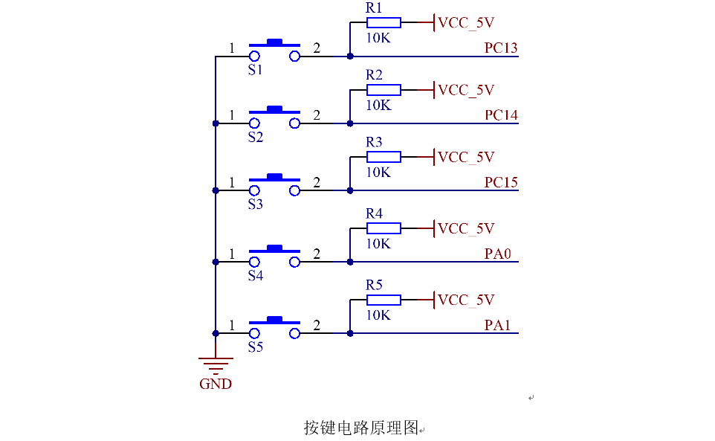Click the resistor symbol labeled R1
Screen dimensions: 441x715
tap(384, 22)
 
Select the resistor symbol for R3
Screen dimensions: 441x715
tap(384, 157)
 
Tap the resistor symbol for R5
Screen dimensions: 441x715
tap(384, 300)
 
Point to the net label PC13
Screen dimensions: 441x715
tap(500, 48)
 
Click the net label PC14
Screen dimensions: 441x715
tap(501, 115)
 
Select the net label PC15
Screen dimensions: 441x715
tap(501, 182)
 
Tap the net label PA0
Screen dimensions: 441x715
tap(498, 254)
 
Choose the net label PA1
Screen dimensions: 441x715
tap(498, 325)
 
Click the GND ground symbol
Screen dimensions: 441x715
tap(216, 364)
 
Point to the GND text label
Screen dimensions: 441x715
tap(216, 384)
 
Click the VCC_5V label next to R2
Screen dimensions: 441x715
tap(466, 90)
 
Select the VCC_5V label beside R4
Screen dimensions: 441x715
tap(466, 228)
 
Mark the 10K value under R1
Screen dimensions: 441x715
tap(378, 38)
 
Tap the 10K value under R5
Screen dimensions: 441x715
tap(378, 315)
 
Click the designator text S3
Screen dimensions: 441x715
tap(255, 205)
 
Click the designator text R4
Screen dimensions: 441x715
tap(374, 213)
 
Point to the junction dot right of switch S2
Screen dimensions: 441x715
tap(349, 123)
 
